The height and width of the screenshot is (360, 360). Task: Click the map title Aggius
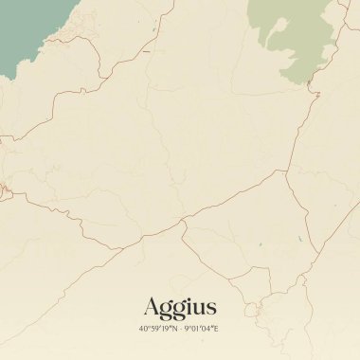pyautogui.click(x=180, y=307)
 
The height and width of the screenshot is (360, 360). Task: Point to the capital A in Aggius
pyautogui.click(x=152, y=306)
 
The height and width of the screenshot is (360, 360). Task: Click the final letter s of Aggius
pyautogui.click(x=211, y=308)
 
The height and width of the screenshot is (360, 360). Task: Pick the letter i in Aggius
pyautogui.click(x=189, y=306)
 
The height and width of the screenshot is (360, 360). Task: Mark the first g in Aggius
pyautogui.click(x=166, y=310)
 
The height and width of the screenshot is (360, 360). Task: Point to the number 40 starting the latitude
pyautogui.click(x=143, y=329)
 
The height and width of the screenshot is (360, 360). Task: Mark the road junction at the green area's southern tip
pyautogui.click(x=312, y=93)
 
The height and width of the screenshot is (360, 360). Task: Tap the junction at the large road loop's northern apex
pyautogui.click(x=286, y=171)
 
